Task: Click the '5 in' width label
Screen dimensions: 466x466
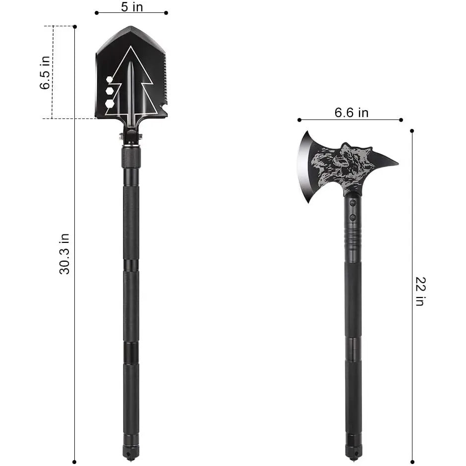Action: tap(131, 6)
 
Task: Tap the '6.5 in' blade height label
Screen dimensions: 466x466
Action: tap(46, 73)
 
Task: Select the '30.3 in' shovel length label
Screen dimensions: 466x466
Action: tap(65, 253)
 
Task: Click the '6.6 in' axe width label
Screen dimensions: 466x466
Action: tap(351, 113)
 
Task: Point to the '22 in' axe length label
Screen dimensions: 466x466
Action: tap(420, 291)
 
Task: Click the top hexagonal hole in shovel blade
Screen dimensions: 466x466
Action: tap(110, 80)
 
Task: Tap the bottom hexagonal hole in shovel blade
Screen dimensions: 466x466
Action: tap(110, 103)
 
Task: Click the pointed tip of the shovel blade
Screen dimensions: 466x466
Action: tap(131, 28)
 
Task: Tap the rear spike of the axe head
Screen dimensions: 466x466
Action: tap(389, 162)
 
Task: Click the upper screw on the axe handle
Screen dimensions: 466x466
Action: tap(352, 202)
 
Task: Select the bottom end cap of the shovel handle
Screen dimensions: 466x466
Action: tap(131, 453)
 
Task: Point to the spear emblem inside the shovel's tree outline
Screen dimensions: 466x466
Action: tap(130, 89)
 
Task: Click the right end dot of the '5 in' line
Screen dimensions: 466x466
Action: tap(166, 13)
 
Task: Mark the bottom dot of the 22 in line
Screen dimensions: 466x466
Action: tap(412, 461)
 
